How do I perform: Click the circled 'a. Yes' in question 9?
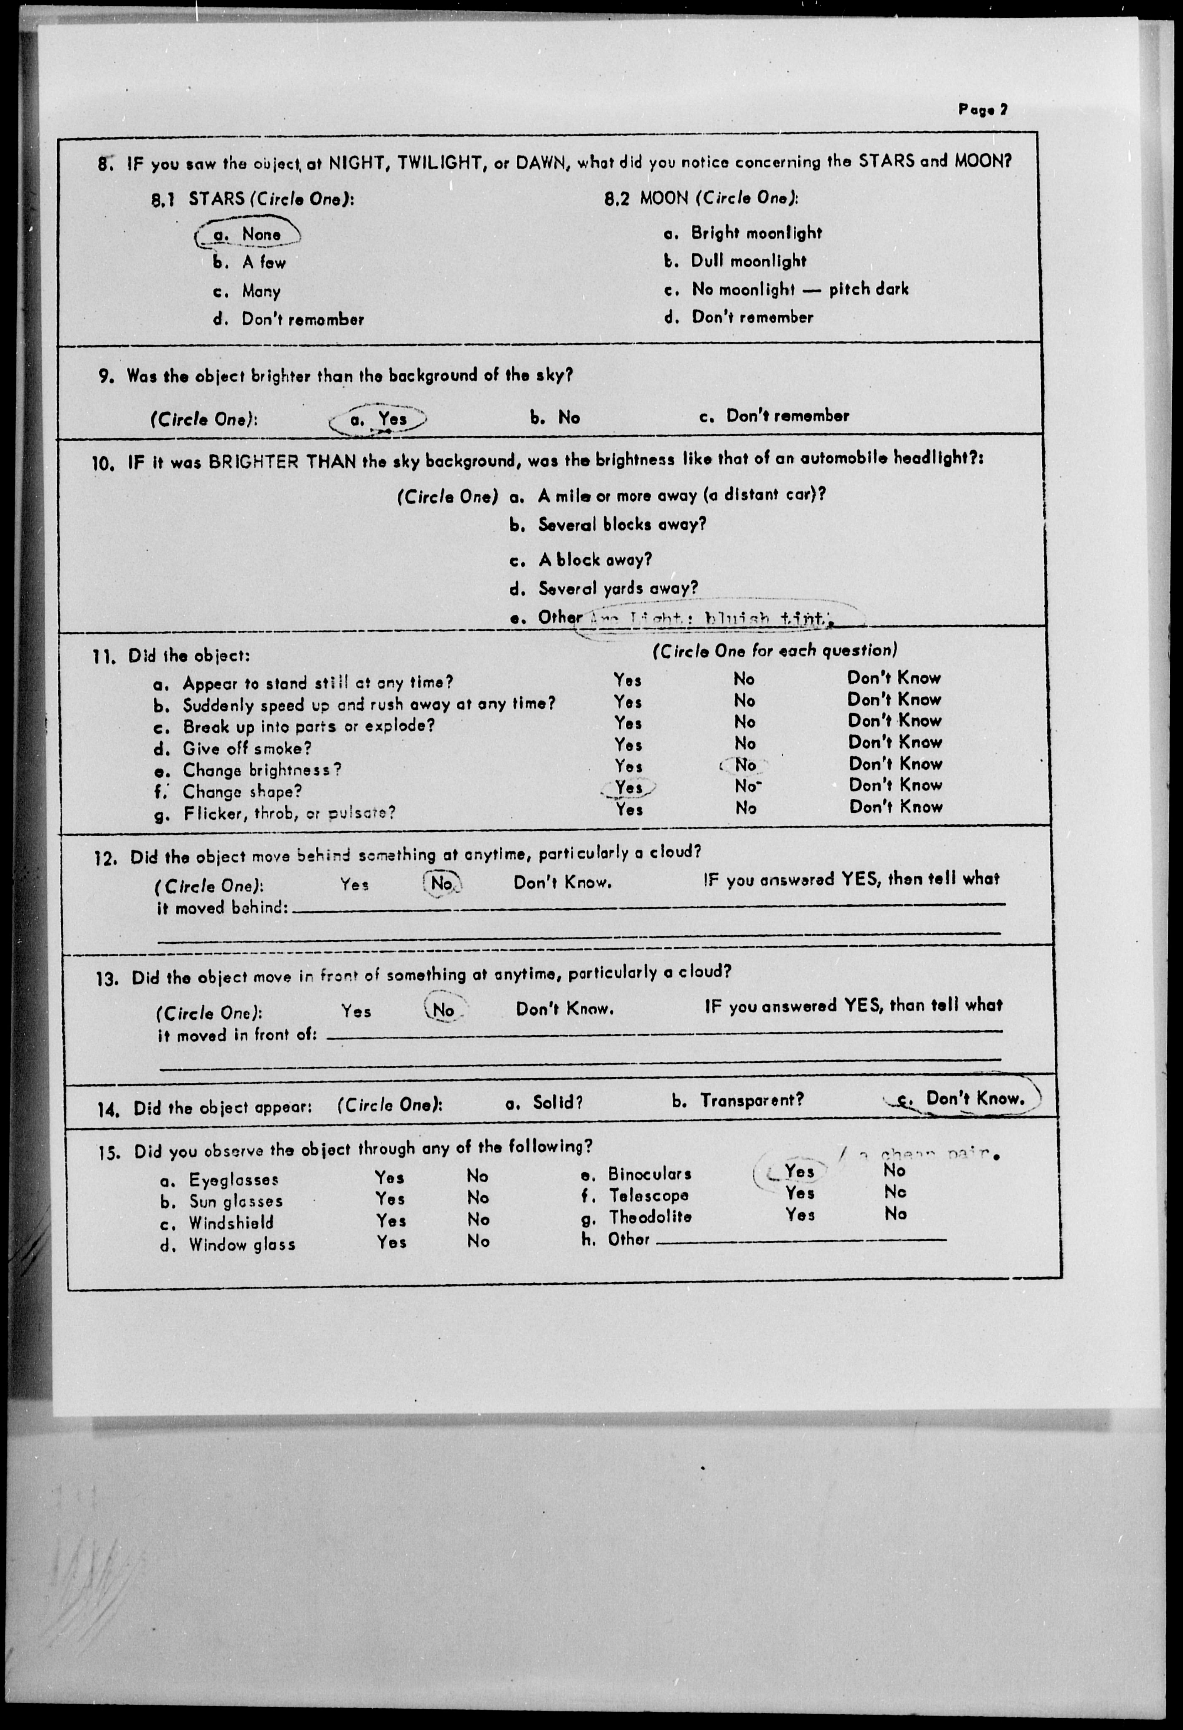pos(380,419)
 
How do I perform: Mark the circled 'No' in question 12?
pos(442,884)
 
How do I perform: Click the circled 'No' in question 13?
pos(444,1010)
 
